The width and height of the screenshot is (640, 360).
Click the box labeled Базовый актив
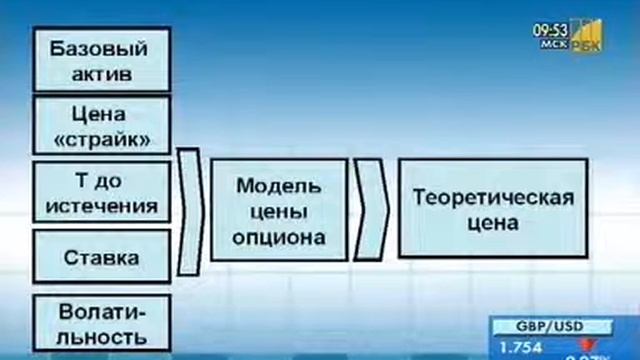click(98, 61)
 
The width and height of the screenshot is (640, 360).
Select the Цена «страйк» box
click(98, 126)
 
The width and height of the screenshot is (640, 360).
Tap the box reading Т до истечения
click(98, 193)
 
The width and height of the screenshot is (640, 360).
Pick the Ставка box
click(98, 257)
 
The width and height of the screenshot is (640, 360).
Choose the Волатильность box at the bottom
click(98, 322)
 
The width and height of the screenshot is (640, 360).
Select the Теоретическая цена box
click(493, 209)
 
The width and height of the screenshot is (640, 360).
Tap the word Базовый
click(98, 49)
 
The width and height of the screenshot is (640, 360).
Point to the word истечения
click(98, 206)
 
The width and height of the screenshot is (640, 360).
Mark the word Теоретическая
click(493, 197)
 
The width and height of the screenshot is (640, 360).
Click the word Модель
click(279, 187)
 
